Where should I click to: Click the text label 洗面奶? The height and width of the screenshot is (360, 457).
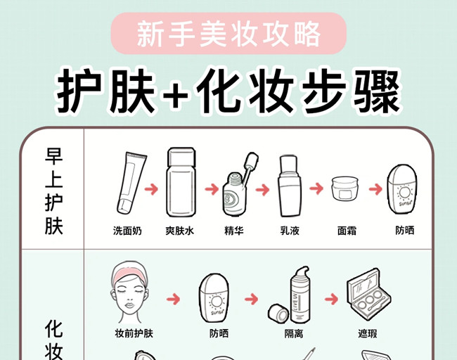coord(127,231)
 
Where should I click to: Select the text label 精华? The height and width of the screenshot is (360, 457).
coord(234,231)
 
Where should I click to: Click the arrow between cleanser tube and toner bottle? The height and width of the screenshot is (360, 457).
coord(150,189)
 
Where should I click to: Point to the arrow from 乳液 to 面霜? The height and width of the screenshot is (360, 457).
coord(317,189)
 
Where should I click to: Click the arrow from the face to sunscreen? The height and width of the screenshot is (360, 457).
coord(173,300)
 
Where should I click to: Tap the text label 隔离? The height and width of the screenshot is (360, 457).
coord(293,333)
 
